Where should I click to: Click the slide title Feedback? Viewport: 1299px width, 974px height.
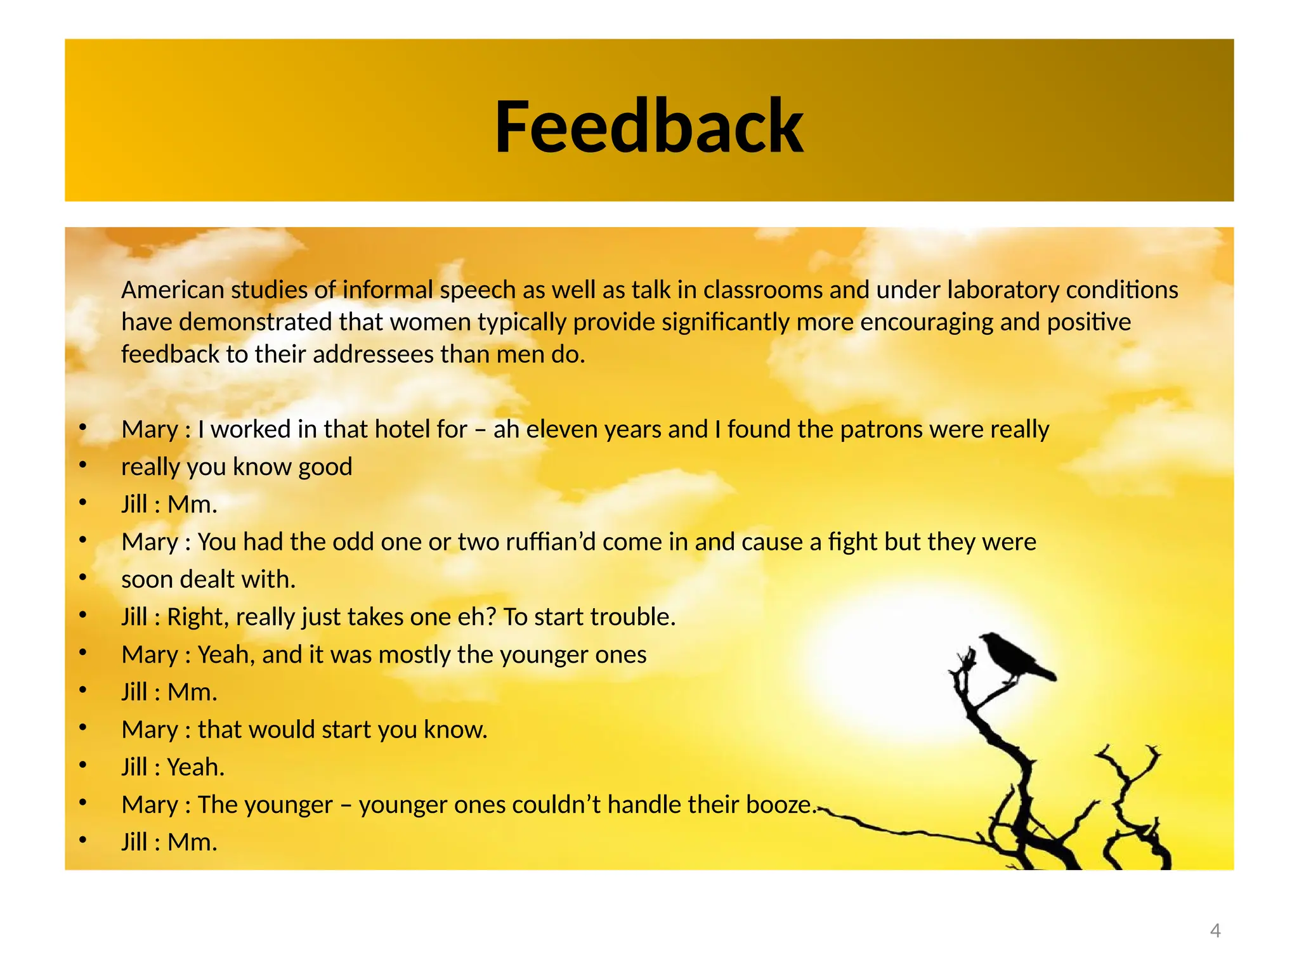(649, 126)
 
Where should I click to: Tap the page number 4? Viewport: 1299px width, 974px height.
(1215, 930)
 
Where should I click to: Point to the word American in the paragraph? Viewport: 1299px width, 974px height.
(173, 290)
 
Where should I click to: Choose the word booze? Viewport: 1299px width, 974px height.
(781, 805)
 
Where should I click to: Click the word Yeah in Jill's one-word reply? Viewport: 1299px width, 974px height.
(195, 767)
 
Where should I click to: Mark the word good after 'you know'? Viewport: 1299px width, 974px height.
(325, 467)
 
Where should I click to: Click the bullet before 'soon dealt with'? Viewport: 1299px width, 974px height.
(82, 577)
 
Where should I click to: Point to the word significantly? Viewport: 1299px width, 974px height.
(726, 322)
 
